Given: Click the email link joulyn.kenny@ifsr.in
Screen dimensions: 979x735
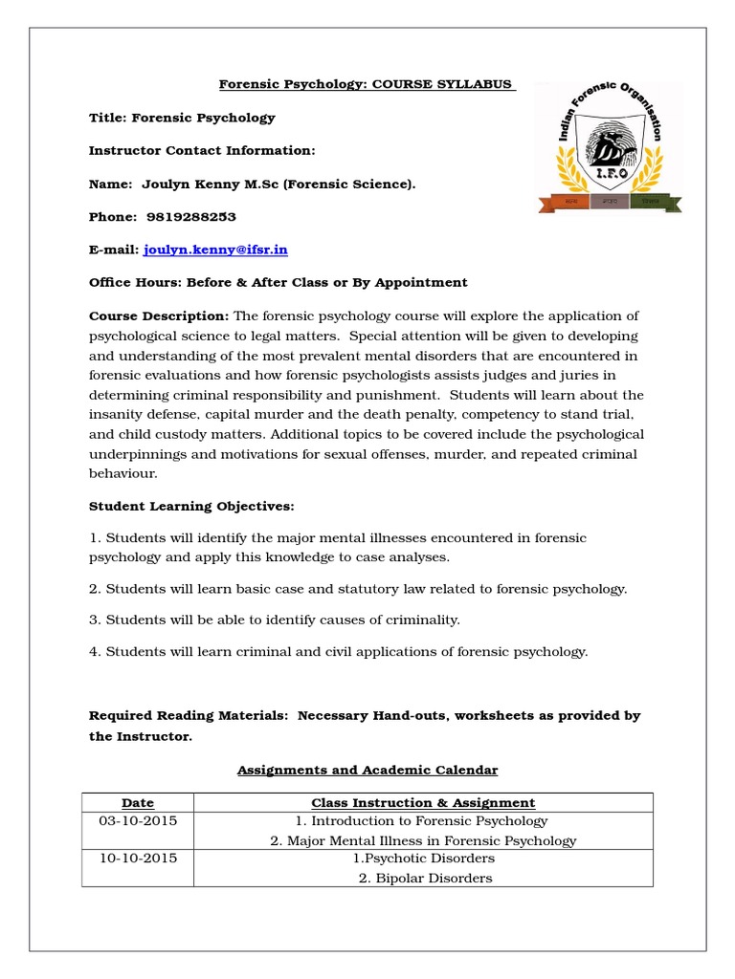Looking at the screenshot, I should pyautogui.click(x=215, y=250).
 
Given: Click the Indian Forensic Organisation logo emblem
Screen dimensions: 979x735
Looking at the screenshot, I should pyautogui.click(x=609, y=145).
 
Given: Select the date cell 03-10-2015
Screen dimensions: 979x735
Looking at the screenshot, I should pyautogui.click(x=138, y=821).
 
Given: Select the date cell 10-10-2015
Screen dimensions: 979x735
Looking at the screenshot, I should pyautogui.click(x=138, y=859).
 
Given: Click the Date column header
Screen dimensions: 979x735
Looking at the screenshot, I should pyautogui.click(x=138, y=803).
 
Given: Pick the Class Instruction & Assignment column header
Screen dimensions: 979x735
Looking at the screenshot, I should pyautogui.click(x=423, y=803).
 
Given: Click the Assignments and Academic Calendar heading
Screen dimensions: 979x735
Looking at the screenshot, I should pyautogui.click(x=367, y=770).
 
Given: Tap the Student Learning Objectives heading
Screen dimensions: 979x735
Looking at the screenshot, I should pyautogui.click(x=191, y=506).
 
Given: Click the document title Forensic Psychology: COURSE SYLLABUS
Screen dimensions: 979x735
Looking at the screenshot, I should pyautogui.click(x=367, y=85).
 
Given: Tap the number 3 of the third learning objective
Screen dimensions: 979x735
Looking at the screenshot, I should pyautogui.click(x=93, y=620).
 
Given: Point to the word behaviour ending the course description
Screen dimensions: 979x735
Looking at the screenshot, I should pyautogui.click(x=122, y=473).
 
